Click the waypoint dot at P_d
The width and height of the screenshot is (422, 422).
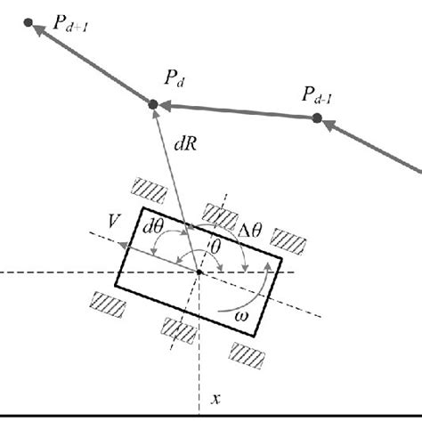(x=153, y=105)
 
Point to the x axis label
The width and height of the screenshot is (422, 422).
(x=214, y=400)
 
